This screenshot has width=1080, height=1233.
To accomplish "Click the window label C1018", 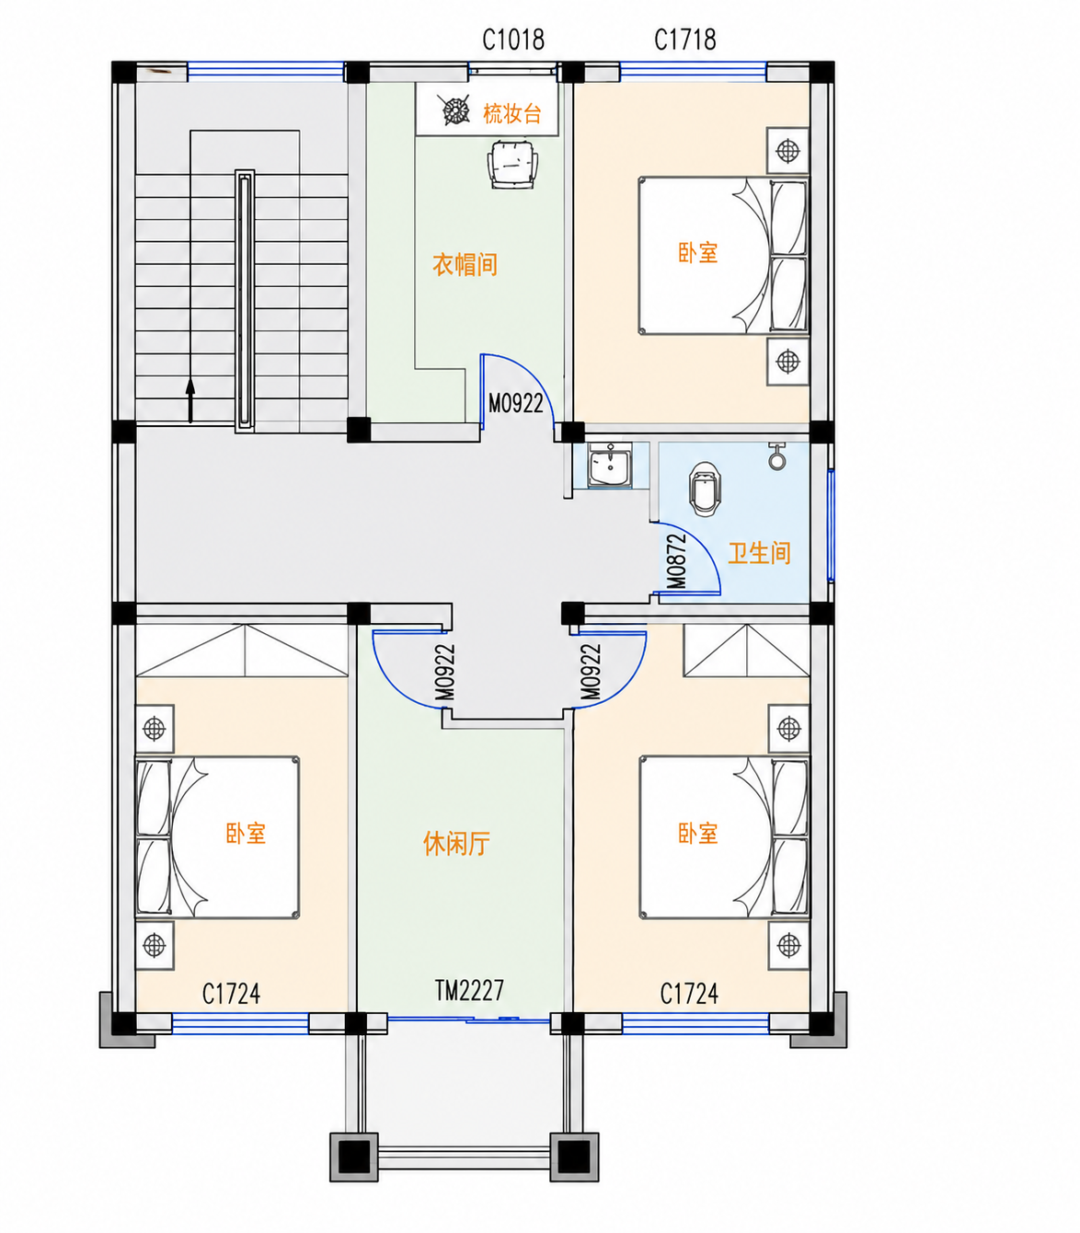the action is point(513,40).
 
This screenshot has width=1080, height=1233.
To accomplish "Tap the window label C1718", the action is point(684,40).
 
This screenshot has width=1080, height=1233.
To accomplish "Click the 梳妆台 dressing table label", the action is point(511,114).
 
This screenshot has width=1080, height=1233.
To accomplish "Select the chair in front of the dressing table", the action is point(512,164).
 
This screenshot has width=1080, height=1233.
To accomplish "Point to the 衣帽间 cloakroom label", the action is point(465,265).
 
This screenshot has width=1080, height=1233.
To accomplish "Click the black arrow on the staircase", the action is point(190,399).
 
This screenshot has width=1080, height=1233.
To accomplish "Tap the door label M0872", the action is point(676,560).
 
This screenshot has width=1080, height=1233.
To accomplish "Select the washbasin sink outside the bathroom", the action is point(610,465).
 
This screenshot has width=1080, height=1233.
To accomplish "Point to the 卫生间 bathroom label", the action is point(759,553).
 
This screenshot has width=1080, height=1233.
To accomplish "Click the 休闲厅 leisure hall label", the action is point(456,844).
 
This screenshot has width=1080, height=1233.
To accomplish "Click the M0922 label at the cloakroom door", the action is point(515,404).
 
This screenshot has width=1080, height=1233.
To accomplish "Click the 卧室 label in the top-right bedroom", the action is point(698,252).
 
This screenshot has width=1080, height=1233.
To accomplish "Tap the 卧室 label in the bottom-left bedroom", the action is point(246,833).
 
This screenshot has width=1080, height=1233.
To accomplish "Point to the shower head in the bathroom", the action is point(776,456).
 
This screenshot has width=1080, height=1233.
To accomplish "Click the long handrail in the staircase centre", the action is point(245,301).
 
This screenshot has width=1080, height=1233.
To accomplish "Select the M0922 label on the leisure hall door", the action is point(444,672).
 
